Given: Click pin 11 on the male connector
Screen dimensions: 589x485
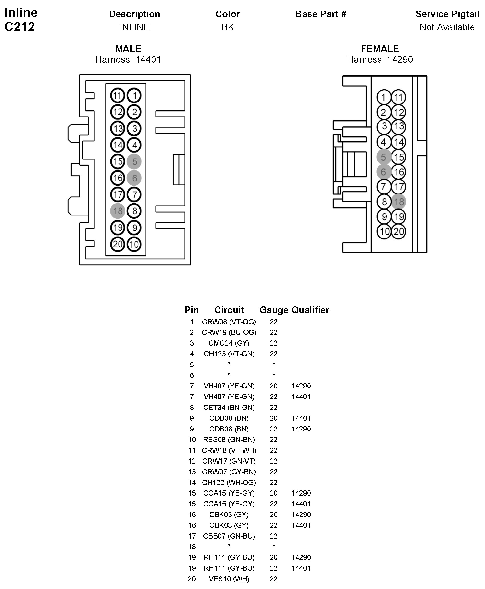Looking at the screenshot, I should [117, 96].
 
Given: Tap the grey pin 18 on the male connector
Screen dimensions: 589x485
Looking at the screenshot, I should [118, 211].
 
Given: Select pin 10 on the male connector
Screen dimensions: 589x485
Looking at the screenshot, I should [134, 245].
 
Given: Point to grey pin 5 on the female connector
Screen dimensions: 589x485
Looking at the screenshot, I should [383, 157].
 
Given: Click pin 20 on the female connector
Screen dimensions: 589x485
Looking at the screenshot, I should [399, 231].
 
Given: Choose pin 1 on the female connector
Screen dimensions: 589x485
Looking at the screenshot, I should [384, 98].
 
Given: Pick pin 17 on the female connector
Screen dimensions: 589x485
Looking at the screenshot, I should [399, 187].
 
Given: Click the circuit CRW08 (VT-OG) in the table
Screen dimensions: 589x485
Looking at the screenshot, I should [229, 322].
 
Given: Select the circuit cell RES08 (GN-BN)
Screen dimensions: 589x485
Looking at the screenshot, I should [229, 440].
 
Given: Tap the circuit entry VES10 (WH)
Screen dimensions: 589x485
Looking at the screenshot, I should [229, 579].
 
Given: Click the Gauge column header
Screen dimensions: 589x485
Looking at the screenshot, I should [274, 310].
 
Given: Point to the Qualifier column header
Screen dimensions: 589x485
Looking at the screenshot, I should [310, 310].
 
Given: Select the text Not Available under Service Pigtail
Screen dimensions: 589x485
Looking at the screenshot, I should [447, 27].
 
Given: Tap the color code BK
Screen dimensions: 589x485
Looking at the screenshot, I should [227, 27].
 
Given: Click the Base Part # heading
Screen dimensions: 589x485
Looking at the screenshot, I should [321, 14].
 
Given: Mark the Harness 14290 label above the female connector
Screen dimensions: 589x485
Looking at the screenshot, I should [380, 59].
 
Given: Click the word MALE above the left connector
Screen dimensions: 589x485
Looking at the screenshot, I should [128, 49].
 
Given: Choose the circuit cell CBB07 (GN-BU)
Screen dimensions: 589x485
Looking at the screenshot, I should [229, 536].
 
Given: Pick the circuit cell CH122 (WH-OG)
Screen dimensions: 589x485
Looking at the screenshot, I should [229, 483].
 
